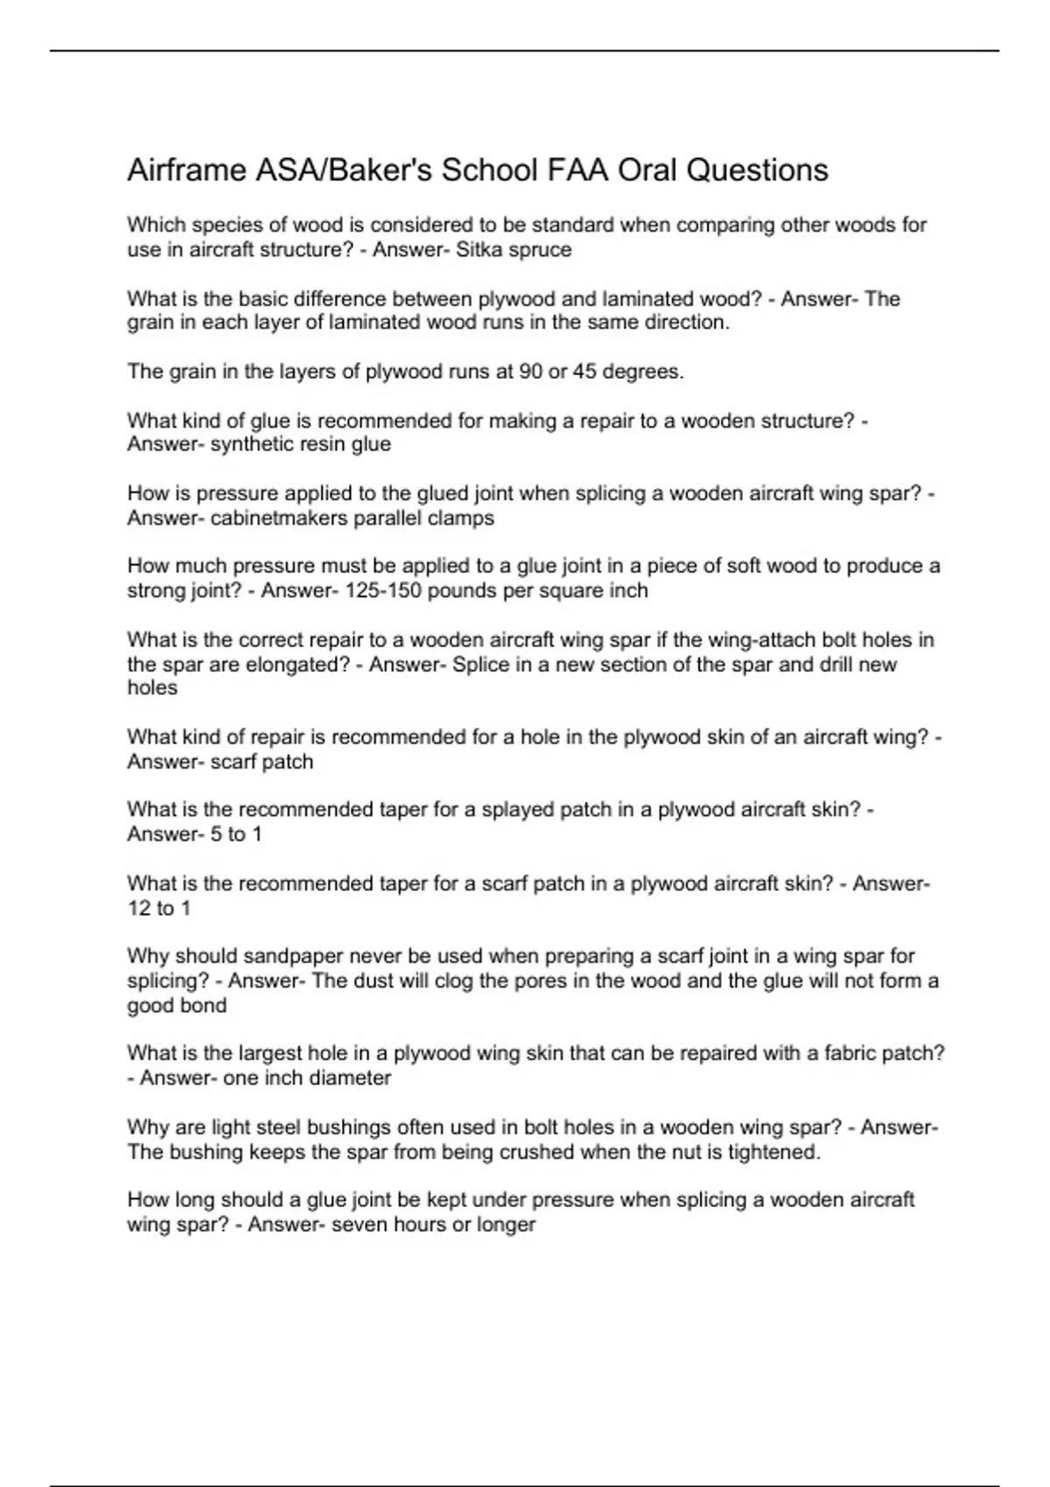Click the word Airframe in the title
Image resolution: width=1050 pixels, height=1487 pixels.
(x=185, y=170)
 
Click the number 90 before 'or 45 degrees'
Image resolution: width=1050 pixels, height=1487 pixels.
(x=530, y=371)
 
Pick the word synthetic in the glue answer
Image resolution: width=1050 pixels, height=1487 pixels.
(x=254, y=444)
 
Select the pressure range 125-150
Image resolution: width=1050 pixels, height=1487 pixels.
(x=384, y=590)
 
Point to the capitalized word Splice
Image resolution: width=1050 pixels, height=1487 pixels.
(x=480, y=664)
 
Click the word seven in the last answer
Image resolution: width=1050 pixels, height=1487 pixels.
(x=359, y=1224)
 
